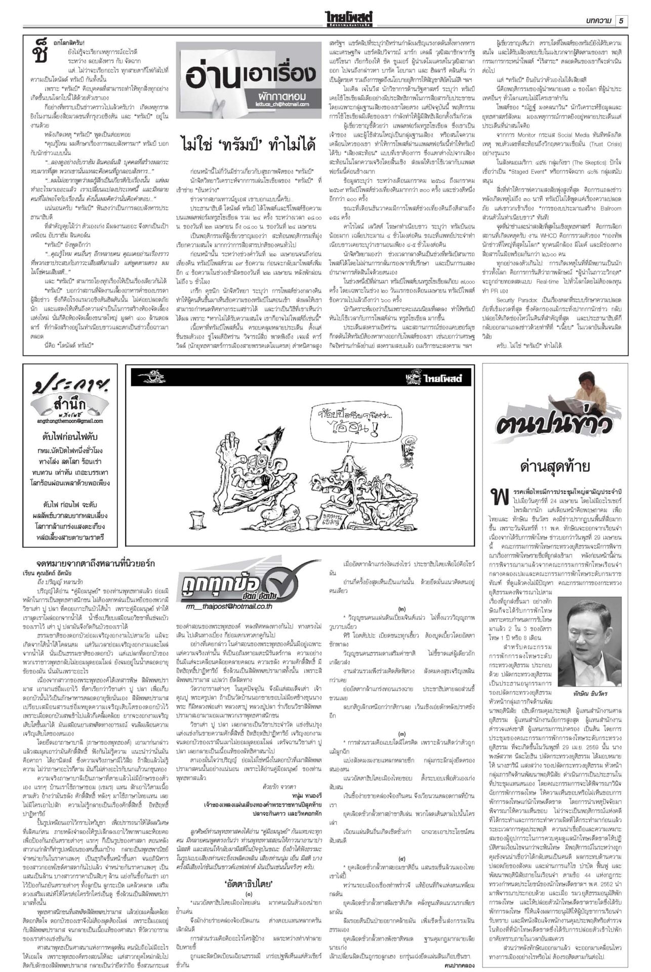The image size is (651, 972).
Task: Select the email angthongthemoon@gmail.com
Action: [69, 421]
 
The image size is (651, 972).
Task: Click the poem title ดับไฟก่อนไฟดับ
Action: [70, 436]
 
